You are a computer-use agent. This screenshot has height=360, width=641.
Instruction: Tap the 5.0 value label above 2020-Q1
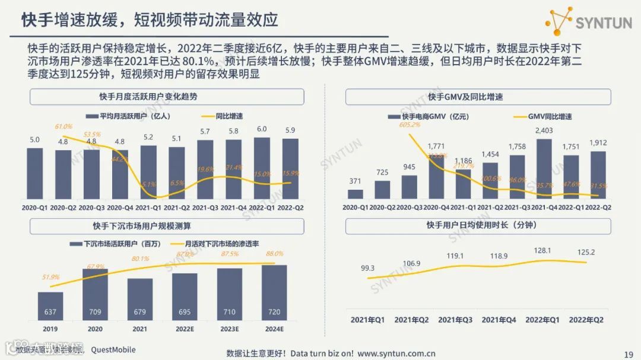click(x=35, y=140)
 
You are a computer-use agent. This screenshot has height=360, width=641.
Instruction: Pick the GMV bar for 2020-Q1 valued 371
click(x=355, y=193)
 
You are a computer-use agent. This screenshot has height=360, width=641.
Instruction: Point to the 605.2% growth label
click(x=410, y=125)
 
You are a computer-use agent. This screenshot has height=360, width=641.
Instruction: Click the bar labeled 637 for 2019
click(x=50, y=305)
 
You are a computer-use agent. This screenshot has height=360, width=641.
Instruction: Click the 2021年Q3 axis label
click(x=455, y=320)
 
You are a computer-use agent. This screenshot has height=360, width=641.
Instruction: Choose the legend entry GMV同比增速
click(x=550, y=117)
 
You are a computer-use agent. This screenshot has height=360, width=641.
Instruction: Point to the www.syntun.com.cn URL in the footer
click(x=396, y=353)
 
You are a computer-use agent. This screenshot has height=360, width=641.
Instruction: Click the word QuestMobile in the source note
click(x=114, y=349)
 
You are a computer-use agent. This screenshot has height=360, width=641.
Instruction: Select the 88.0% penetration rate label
click(x=274, y=254)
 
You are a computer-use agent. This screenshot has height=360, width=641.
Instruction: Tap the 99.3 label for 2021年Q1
click(x=367, y=268)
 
